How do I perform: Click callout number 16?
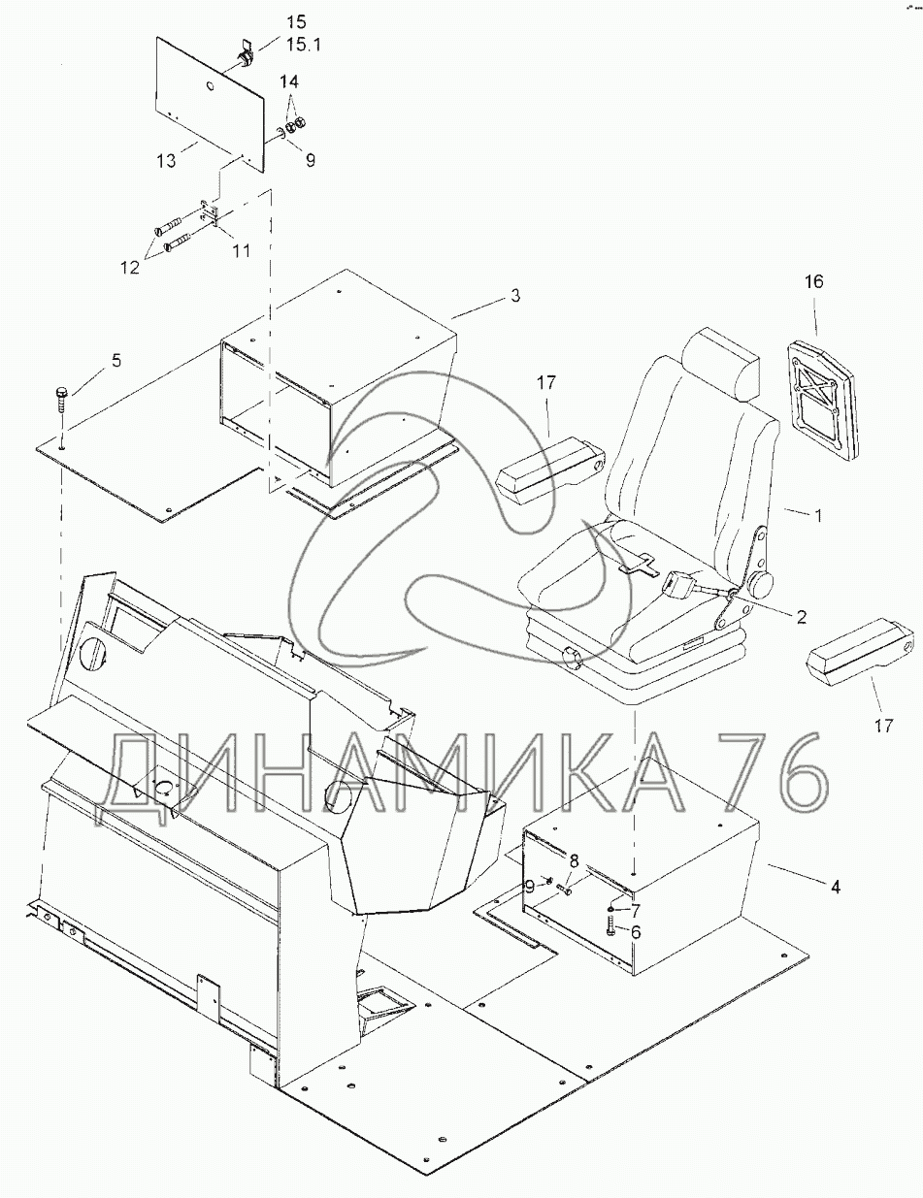814,281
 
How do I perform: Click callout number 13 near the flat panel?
166,160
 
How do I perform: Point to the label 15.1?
303,45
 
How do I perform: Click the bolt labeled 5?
59,408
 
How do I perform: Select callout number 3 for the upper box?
515,296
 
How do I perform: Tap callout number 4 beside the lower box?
836,887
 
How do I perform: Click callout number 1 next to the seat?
819,515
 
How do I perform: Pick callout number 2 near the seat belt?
801,617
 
